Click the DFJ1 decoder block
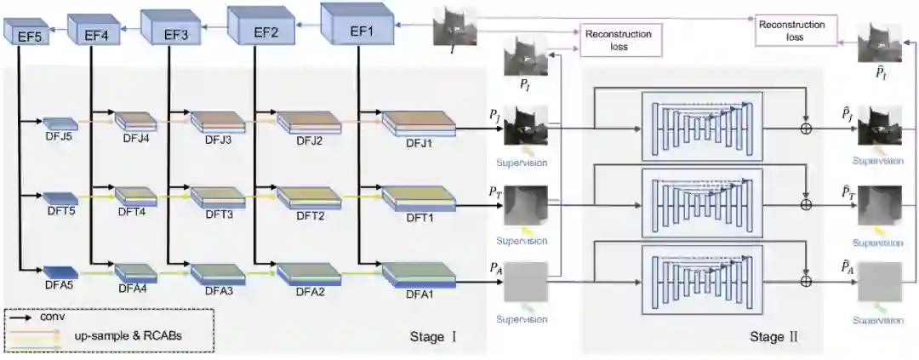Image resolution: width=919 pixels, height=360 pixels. click(418, 124)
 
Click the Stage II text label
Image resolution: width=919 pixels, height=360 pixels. click(774, 338)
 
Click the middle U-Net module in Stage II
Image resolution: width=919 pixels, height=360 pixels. click(702, 204)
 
